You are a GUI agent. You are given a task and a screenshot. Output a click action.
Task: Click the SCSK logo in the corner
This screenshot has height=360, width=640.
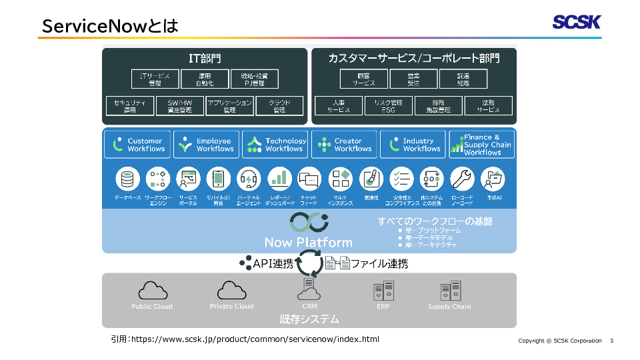click(x=576, y=22)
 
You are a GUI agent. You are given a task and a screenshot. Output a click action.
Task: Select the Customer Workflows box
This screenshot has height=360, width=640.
click(x=137, y=145)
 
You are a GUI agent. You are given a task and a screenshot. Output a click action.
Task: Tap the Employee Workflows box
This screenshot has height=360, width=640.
click(x=206, y=145)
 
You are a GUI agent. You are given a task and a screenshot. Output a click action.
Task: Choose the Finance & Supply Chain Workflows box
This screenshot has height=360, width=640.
click(x=481, y=145)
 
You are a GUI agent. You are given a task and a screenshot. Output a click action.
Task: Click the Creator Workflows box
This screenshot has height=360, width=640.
click(x=344, y=145)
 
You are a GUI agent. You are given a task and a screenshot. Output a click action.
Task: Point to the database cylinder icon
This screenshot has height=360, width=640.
click(x=127, y=179)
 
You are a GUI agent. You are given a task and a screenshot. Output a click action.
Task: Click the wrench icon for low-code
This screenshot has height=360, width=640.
click(x=462, y=179)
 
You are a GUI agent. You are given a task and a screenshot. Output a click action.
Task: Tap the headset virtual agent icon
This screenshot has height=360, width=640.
click(x=249, y=179)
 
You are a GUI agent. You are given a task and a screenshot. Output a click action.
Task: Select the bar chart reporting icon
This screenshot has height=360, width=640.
click(x=280, y=179)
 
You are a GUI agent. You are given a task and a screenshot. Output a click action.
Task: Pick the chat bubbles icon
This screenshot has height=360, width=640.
click(x=309, y=179)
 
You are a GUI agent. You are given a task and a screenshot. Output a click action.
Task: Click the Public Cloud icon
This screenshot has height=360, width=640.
click(x=152, y=291)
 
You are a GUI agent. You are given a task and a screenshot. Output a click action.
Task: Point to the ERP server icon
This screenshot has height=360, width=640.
click(x=383, y=291)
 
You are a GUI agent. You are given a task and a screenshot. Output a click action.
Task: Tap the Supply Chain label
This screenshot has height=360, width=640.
click(x=449, y=307)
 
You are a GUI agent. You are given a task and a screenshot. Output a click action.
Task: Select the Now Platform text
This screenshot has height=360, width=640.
click(x=309, y=242)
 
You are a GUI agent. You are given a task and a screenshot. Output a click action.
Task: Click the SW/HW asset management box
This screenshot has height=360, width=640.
click(x=179, y=106)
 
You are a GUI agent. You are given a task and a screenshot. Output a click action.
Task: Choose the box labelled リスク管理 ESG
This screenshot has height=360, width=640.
click(x=389, y=106)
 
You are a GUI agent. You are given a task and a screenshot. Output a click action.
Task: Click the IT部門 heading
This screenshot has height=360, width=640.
click(x=205, y=59)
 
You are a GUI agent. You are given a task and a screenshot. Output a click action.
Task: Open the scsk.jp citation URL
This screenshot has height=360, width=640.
click(x=255, y=339)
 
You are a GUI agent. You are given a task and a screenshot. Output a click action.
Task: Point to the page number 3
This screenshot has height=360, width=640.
click(x=611, y=341)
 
